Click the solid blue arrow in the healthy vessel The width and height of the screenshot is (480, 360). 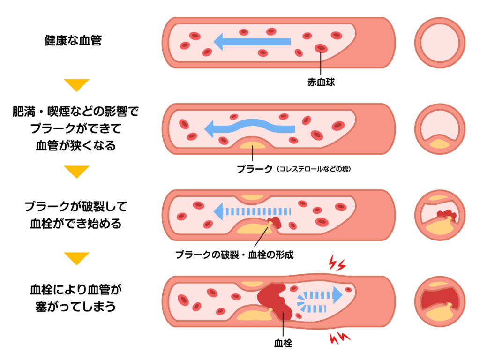pos(252,42)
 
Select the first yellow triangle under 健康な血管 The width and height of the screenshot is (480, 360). pos(76,85)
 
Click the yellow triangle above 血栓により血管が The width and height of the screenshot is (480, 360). pos(76,258)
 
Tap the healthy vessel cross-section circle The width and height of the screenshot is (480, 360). pos(440,43)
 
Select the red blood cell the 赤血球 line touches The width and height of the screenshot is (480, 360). pos(321,48)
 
